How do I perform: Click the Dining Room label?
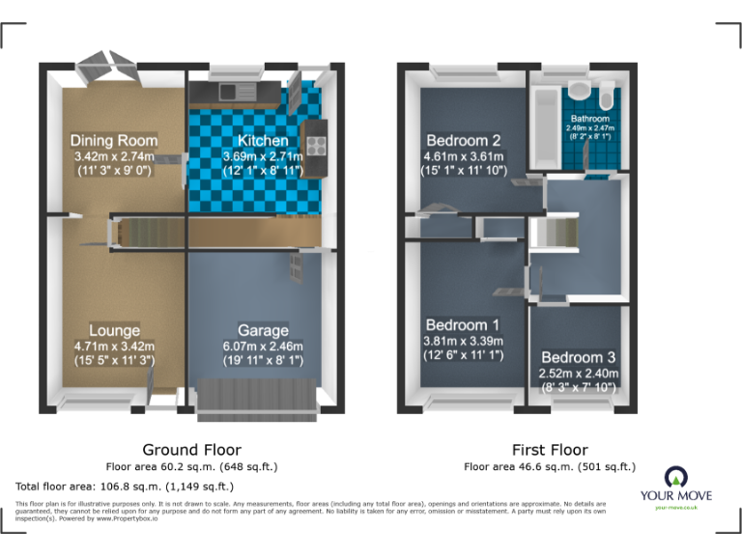click(115, 140)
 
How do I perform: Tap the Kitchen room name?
click(263, 141)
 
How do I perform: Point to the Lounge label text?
click(114, 331)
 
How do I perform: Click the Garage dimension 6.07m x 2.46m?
click(263, 347)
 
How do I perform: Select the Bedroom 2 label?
click(463, 140)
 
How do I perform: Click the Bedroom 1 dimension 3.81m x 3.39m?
click(463, 341)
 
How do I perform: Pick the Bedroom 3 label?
click(578, 357)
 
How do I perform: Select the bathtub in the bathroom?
click(541, 125)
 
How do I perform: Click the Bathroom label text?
click(589, 119)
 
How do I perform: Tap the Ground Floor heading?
click(191, 450)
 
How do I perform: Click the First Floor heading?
click(550, 450)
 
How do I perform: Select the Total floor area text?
click(125, 486)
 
